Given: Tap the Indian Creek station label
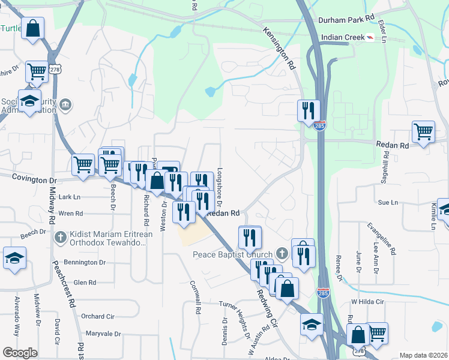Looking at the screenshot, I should pos(343,37).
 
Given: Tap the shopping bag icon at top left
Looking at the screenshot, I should pos(32,28).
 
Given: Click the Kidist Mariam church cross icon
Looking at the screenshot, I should pos(59,238).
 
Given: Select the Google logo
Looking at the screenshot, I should pos(20,353).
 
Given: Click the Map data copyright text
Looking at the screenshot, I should pos(423,355).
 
